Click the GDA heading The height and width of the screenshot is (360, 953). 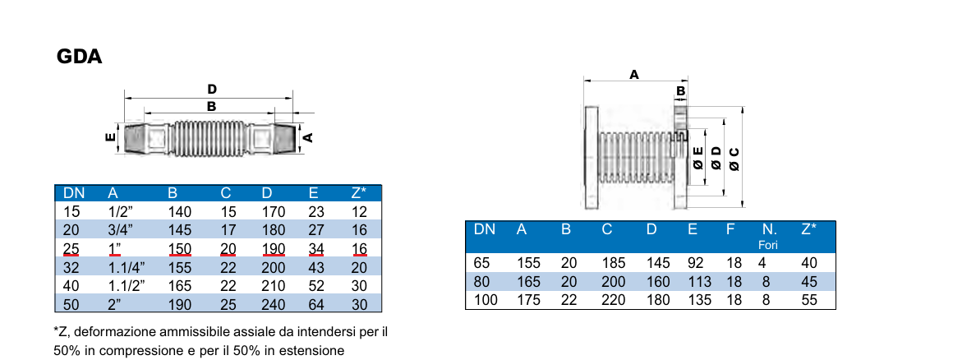tap(79, 58)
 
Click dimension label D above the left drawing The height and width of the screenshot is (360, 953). tap(211, 89)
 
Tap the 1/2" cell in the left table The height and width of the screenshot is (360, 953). tap(120, 212)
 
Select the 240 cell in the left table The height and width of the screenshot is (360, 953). tap(273, 306)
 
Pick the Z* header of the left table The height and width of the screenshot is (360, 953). tap(358, 193)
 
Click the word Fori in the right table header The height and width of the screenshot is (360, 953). tap(768, 245)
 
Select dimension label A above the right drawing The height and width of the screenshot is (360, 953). tap(633, 74)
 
